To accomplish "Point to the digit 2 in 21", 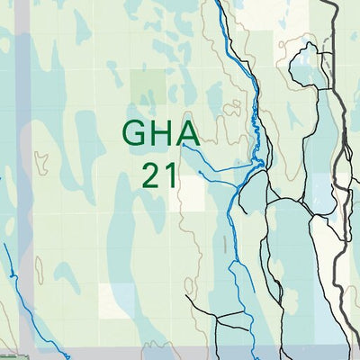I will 150,174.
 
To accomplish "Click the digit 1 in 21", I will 170,174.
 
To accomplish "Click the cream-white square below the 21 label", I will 114,301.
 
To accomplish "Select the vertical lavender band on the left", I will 24,180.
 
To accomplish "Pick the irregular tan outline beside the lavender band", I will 40,162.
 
